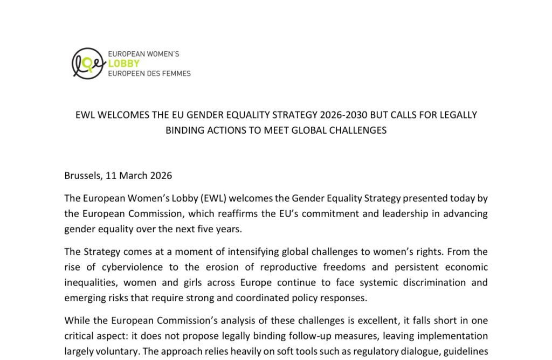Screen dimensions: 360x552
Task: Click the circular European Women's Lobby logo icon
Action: pyautogui.click(x=87, y=64)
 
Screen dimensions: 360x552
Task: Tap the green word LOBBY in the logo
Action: pyautogui.click(x=124, y=64)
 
